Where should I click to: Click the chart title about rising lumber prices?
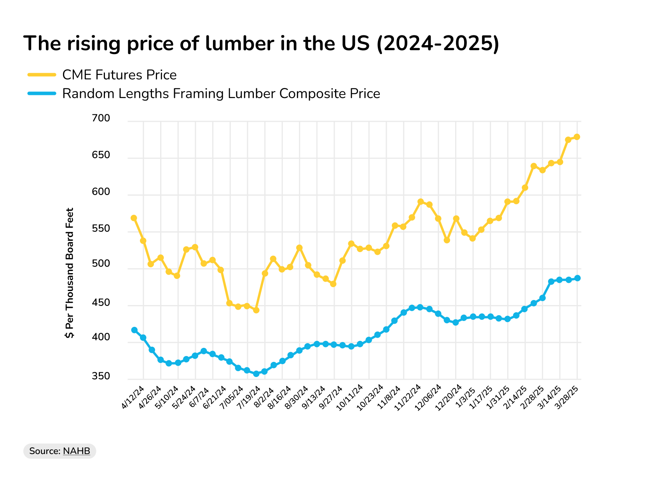[x=261, y=43]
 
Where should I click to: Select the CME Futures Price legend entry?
[x=119, y=75]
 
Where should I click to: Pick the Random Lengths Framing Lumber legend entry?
[x=221, y=94]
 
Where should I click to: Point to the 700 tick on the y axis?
[x=101, y=118]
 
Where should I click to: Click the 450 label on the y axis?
[x=101, y=303]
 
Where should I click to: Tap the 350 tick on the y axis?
[x=101, y=376]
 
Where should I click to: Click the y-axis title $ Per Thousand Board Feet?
[x=70, y=273]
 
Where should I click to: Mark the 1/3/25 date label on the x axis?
[x=466, y=397]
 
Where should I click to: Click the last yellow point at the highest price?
[x=577, y=137]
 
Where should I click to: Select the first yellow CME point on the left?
[x=134, y=218]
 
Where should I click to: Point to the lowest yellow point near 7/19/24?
[x=256, y=310]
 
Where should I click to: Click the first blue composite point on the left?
[x=134, y=330]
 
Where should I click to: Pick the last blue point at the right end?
[x=577, y=278]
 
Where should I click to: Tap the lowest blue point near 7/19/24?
[x=256, y=374]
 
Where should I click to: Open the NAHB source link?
[x=77, y=451]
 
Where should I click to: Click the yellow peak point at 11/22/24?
[x=420, y=202]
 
